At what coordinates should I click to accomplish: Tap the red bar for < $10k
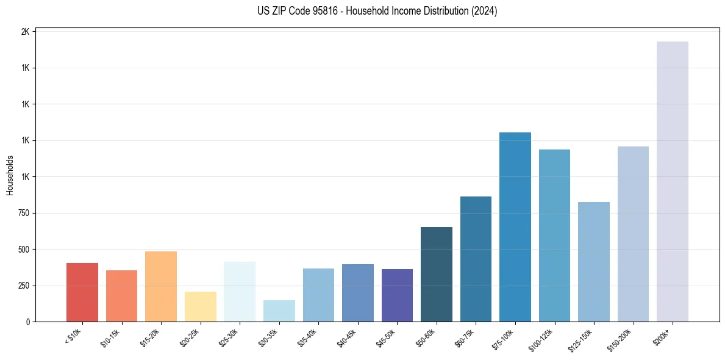82,292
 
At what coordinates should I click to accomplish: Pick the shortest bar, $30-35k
279,311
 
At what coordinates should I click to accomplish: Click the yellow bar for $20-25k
200,306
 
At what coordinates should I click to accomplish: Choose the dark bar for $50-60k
436,274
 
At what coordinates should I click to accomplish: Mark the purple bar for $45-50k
397,295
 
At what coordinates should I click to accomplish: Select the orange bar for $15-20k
161,286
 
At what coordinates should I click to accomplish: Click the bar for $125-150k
593,262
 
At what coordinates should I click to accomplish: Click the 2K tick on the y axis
25,32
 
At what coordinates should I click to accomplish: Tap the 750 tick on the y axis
24,213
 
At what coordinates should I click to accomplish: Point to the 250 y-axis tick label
24,286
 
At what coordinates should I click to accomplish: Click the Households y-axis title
10,175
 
